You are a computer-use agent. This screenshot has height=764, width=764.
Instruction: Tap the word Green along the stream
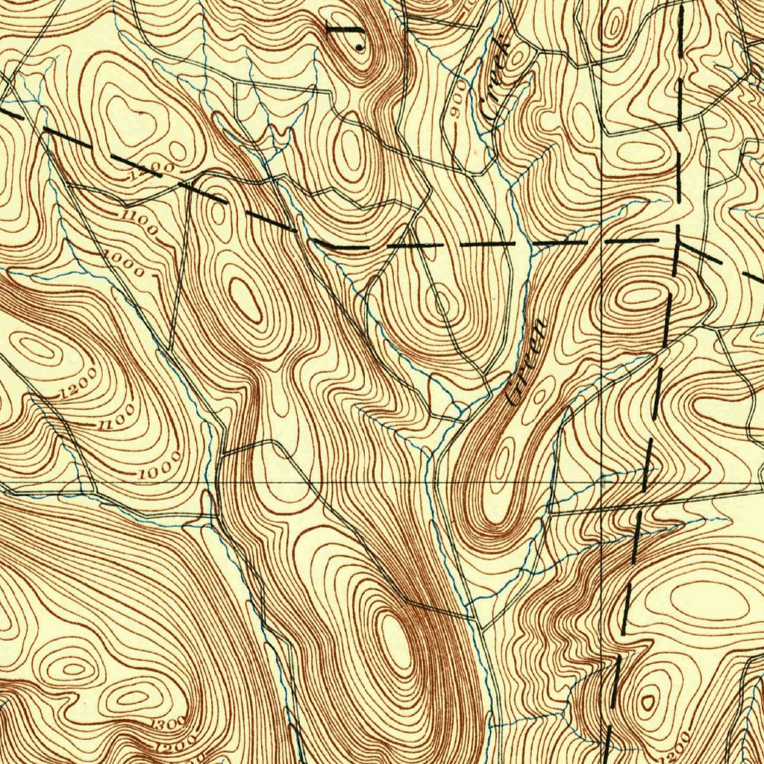(x=527, y=363)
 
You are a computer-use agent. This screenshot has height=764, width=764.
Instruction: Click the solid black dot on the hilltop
(x=360, y=47)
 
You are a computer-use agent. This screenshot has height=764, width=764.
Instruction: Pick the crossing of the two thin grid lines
(x=601, y=483)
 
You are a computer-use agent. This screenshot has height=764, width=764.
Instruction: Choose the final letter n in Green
(x=539, y=327)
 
